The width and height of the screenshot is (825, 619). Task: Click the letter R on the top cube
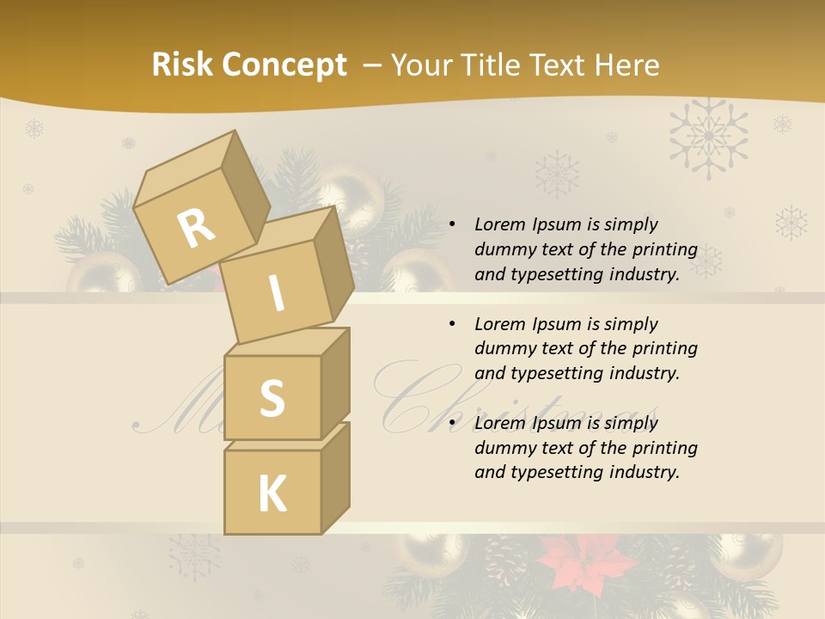click(x=197, y=229)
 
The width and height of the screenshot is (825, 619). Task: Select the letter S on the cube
click(x=272, y=397)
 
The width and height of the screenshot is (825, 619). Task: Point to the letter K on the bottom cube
click(x=272, y=493)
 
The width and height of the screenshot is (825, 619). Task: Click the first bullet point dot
click(x=452, y=225)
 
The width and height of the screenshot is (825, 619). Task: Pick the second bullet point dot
click(x=452, y=325)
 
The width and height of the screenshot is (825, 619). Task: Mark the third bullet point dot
click(x=452, y=424)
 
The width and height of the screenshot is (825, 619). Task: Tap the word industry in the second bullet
click(x=645, y=374)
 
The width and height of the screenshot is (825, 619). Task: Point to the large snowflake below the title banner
click(x=708, y=137)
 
